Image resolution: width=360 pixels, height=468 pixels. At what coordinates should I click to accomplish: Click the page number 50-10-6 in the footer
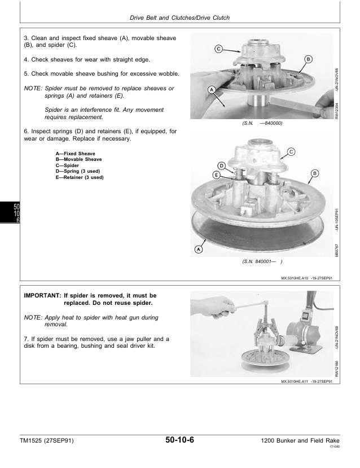(179, 440)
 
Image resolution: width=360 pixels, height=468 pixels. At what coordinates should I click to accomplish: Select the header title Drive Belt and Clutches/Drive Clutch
(179, 18)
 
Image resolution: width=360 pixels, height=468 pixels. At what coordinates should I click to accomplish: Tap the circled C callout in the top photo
(218, 49)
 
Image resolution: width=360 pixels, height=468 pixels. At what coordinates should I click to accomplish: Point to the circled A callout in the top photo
(212, 90)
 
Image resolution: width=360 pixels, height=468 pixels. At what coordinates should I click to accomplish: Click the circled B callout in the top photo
(308, 59)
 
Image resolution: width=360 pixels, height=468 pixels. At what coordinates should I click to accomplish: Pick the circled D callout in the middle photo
(222, 165)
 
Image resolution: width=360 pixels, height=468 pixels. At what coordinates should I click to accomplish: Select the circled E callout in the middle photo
(216, 175)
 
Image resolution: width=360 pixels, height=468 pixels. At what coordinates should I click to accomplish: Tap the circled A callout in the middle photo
(199, 249)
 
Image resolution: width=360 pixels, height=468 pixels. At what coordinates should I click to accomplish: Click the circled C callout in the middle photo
(291, 152)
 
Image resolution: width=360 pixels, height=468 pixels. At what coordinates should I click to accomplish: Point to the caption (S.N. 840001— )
(262, 261)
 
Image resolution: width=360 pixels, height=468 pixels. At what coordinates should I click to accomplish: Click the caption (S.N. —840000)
(262, 123)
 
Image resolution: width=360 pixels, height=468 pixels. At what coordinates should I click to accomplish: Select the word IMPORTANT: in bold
(42, 295)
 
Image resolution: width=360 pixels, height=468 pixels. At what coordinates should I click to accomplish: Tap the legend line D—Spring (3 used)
(77, 171)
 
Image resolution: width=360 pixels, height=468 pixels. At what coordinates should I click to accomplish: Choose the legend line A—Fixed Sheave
(75, 154)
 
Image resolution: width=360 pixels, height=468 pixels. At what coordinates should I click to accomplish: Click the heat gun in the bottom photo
(304, 328)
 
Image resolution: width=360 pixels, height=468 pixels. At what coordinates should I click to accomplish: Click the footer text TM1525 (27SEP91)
(46, 440)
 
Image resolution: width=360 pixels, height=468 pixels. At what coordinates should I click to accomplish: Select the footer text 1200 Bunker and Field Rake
(300, 440)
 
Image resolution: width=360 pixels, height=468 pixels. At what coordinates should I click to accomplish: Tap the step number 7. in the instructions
(27, 339)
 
